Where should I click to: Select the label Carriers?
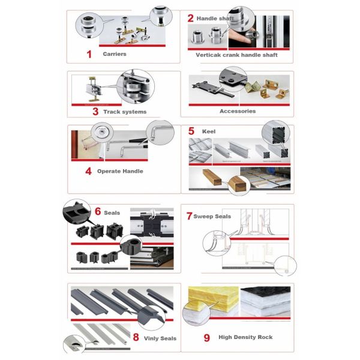click(114, 54)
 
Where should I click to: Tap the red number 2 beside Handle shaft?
click(190, 18)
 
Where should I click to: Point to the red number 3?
click(95, 111)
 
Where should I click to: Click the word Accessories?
click(237, 111)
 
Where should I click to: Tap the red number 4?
click(88, 171)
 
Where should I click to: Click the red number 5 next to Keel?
click(191, 130)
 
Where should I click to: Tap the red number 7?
click(189, 215)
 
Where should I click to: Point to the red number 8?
click(136, 337)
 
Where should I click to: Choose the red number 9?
click(206, 337)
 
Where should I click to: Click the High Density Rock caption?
click(245, 337)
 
